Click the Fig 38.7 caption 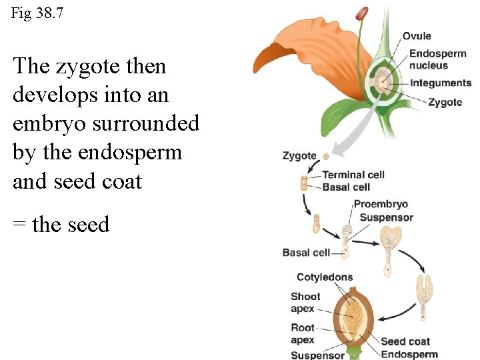tap(37, 13)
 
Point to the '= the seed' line tap(61, 225)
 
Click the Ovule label tap(417, 36)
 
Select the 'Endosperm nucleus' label tap(437, 59)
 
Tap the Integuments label tap(440, 83)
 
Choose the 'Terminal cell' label tap(353, 175)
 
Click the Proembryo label tap(381, 204)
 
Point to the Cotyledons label tap(325, 277)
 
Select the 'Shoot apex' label tap(305, 303)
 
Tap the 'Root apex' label tap(303, 333)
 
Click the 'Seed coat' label tap(405, 342)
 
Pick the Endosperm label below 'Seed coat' tap(409, 355)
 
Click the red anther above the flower tap(361, 13)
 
